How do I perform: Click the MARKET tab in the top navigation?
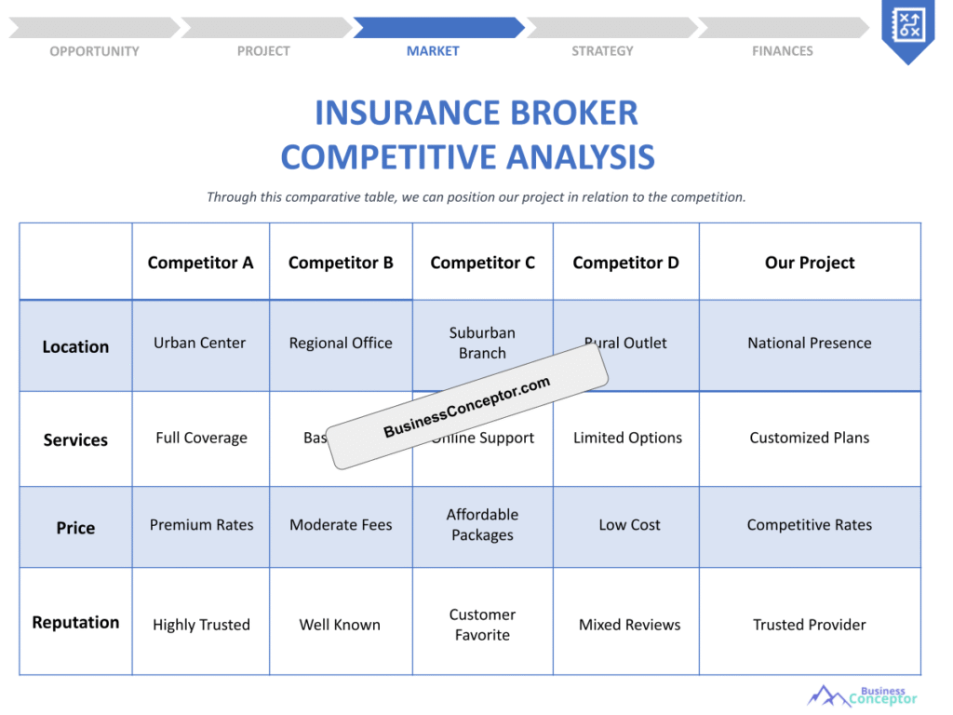tap(433, 51)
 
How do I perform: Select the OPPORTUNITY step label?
tap(94, 51)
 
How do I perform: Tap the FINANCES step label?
tap(782, 51)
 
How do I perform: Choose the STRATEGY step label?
tap(602, 51)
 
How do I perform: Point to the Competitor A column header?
tap(200, 263)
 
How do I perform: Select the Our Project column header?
tap(810, 263)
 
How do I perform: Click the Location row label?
tap(75, 346)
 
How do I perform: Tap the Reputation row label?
tap(75, 622)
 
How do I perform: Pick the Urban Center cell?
tap(200, 343)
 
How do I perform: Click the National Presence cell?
tap(810, 343)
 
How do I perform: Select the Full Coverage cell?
tap(201, 438)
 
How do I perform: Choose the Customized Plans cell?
tap(810, 438)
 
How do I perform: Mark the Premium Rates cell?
tap(201, 525)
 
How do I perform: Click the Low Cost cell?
tap(629, 525)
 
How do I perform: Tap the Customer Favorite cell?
tap(482, 625)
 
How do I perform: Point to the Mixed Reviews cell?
tap(629, 625)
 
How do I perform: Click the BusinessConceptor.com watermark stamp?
tap(467, 408)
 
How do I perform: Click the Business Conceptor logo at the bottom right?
tap(863, 696)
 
